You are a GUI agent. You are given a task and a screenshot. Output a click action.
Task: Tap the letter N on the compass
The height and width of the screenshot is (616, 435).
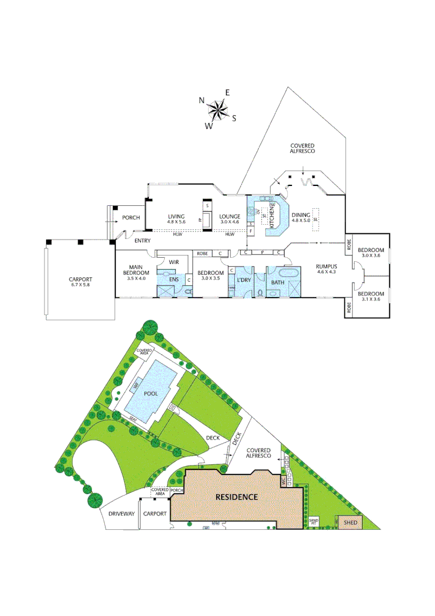[201, 100]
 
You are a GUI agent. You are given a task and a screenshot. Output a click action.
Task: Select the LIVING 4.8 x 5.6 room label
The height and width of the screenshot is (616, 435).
[176, 219]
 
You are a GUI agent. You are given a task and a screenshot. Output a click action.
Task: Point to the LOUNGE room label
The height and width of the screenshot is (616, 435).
[230, 219]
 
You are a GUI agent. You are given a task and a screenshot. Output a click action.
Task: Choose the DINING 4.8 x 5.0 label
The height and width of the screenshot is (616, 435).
[300, 217]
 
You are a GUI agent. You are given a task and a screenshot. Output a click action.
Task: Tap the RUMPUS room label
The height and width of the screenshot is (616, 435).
[327, 269]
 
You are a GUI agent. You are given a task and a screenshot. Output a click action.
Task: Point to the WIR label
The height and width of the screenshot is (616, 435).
[174, 262]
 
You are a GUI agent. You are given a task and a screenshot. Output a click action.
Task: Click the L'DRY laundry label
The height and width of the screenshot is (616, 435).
[244, 280]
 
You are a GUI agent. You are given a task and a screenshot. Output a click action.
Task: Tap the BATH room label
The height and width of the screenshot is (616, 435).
[278, 282]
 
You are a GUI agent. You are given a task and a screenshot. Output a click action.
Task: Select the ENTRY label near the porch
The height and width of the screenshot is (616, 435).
[142, 241]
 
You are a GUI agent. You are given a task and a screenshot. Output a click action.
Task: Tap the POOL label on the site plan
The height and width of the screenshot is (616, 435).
[151, 394]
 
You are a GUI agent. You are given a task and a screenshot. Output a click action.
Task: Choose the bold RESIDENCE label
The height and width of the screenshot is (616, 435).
[236, 497]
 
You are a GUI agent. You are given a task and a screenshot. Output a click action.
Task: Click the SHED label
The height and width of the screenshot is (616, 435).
[350, 522]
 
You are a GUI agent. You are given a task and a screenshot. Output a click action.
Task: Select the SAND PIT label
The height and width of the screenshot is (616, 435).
[314, 521]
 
